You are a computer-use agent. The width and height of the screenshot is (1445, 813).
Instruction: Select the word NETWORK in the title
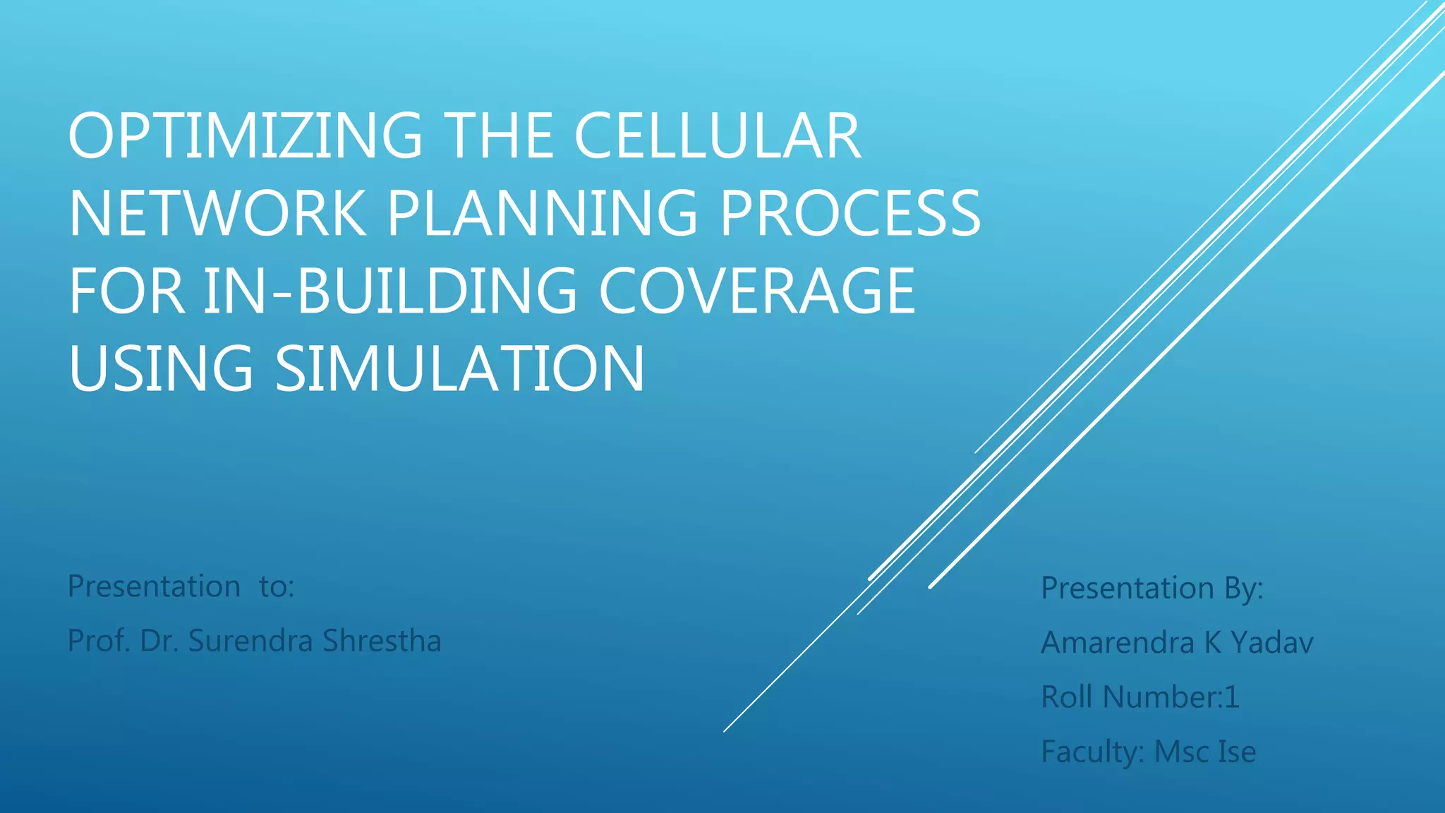[x=217, y=214]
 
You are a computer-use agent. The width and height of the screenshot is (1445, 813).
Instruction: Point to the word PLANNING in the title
[x=543, y=214]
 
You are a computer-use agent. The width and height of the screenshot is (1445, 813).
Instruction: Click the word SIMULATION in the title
[x=459, y=369]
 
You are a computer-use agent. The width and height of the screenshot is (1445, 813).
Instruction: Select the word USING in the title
[x=160, y=369]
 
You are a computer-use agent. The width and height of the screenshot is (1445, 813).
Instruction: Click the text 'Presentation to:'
[x=181, y=586]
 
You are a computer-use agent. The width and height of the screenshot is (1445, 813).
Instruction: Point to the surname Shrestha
[x=382, y=641]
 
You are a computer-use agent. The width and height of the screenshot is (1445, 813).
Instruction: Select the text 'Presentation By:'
[x=1151, y=589]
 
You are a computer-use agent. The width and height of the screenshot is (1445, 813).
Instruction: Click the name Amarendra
[x=1118, y=643]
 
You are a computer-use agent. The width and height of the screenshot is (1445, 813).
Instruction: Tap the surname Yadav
[x=1271, y=643]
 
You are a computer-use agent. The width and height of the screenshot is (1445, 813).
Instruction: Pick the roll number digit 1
[x=1231, y=697]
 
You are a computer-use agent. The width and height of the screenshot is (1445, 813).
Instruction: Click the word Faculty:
[x=1092, y=752]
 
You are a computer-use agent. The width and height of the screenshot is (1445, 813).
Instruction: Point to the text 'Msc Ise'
[x=1204, y=752]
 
